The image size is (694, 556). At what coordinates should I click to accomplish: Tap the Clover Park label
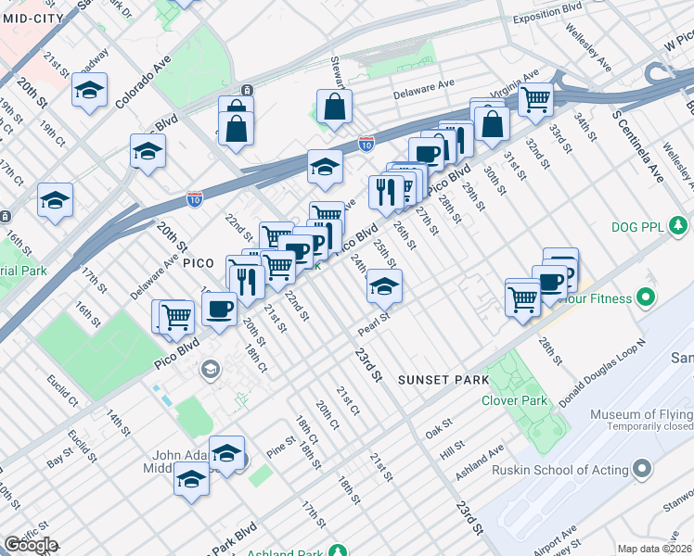[514, 400]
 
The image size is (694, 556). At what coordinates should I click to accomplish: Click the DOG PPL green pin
[681, 225]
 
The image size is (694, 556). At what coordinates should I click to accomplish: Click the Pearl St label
[373, 327]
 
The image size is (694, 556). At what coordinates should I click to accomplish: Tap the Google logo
[31, 545]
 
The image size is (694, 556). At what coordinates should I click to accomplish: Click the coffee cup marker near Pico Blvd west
[219, 308]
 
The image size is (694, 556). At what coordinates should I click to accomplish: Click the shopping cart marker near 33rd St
[535, 97]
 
